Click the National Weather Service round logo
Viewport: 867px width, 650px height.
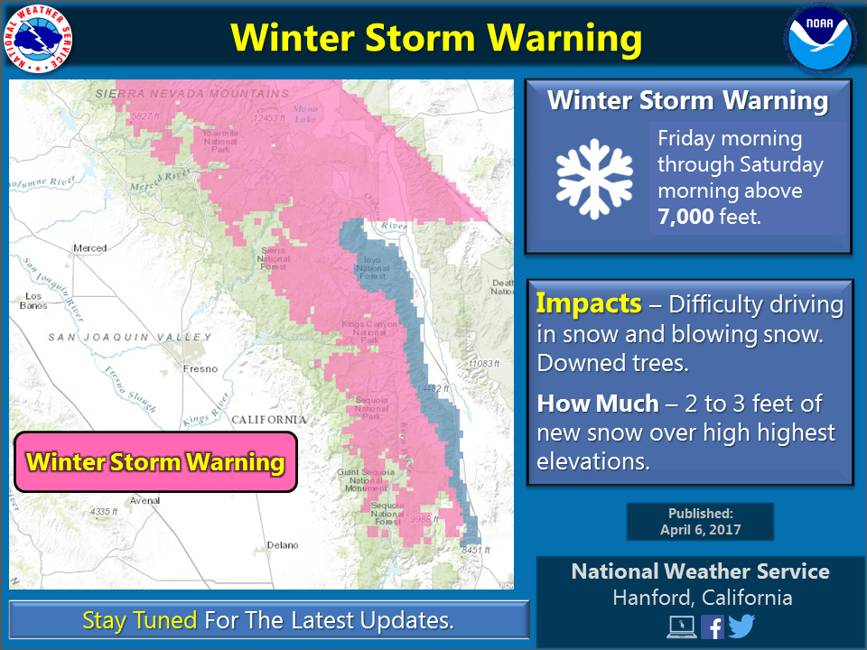(39, 38)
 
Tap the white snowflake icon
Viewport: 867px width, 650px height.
(594, 179)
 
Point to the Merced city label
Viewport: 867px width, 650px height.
(90, 248)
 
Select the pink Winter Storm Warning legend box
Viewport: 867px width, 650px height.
(155, 462)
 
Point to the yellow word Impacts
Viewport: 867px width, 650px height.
(589, 303)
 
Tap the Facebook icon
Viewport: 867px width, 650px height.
(712, 627)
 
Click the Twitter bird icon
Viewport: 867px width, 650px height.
(742, 627)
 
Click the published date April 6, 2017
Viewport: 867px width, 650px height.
(700, 530)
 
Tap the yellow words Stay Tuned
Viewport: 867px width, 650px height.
(139, 621)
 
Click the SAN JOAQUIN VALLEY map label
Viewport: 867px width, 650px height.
(130, 338)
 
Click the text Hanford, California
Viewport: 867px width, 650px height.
(702, 598)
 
